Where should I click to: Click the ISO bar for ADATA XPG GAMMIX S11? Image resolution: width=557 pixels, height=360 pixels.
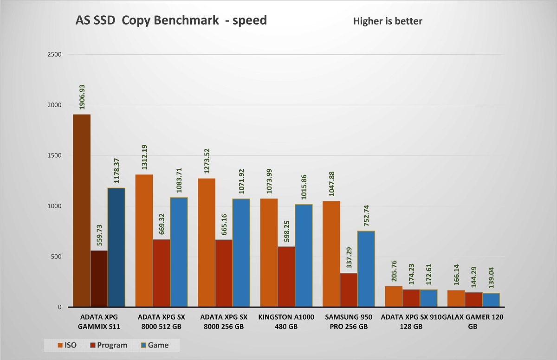82,211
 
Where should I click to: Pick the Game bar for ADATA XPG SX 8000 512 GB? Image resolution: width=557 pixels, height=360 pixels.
179,252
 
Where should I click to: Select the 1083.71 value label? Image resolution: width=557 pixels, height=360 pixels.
179,180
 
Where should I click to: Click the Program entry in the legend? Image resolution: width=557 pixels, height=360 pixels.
110,345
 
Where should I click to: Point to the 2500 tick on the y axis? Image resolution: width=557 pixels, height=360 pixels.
55,54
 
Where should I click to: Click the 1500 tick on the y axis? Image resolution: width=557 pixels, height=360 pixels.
55,155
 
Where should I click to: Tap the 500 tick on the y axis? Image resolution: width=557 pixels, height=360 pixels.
57,257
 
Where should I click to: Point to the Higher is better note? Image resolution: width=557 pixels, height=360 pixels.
388,21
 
